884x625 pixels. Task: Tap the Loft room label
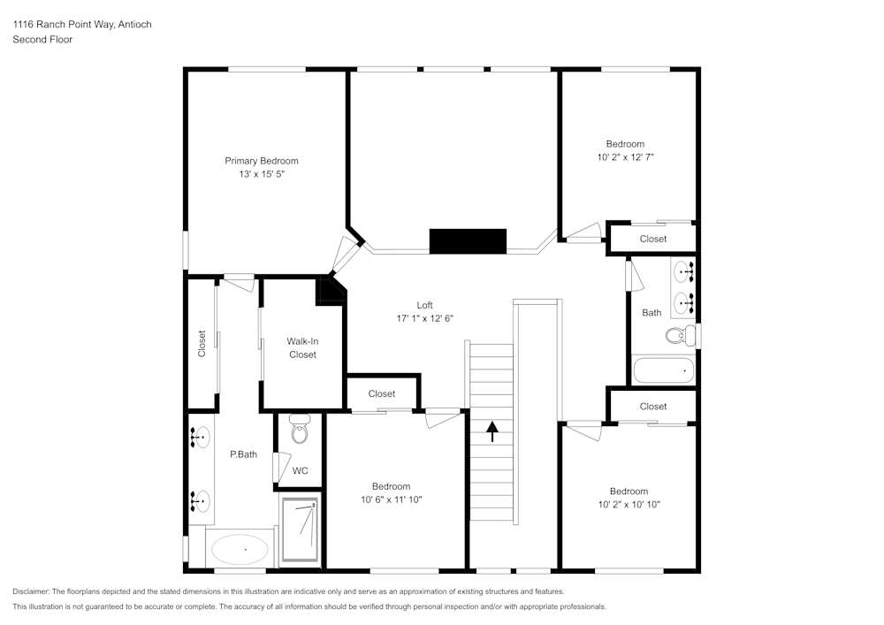424,305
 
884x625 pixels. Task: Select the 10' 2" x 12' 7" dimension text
626,157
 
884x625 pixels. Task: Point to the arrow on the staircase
492,431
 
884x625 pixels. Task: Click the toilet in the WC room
299,433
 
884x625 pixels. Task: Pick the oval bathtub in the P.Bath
240,550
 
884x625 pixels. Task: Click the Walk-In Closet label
301,347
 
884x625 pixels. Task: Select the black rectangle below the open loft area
468,241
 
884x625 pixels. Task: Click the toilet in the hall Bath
677,336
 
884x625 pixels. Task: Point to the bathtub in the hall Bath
664,370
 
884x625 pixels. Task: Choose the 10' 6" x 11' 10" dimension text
392,500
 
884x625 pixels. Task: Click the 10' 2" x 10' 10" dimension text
629,505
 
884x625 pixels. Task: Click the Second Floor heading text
42,40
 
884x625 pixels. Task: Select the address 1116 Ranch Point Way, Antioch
82,25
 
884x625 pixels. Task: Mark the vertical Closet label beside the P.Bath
202,344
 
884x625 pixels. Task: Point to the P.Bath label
243,455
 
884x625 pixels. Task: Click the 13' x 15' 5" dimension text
261,175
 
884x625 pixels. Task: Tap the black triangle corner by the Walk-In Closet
330,289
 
